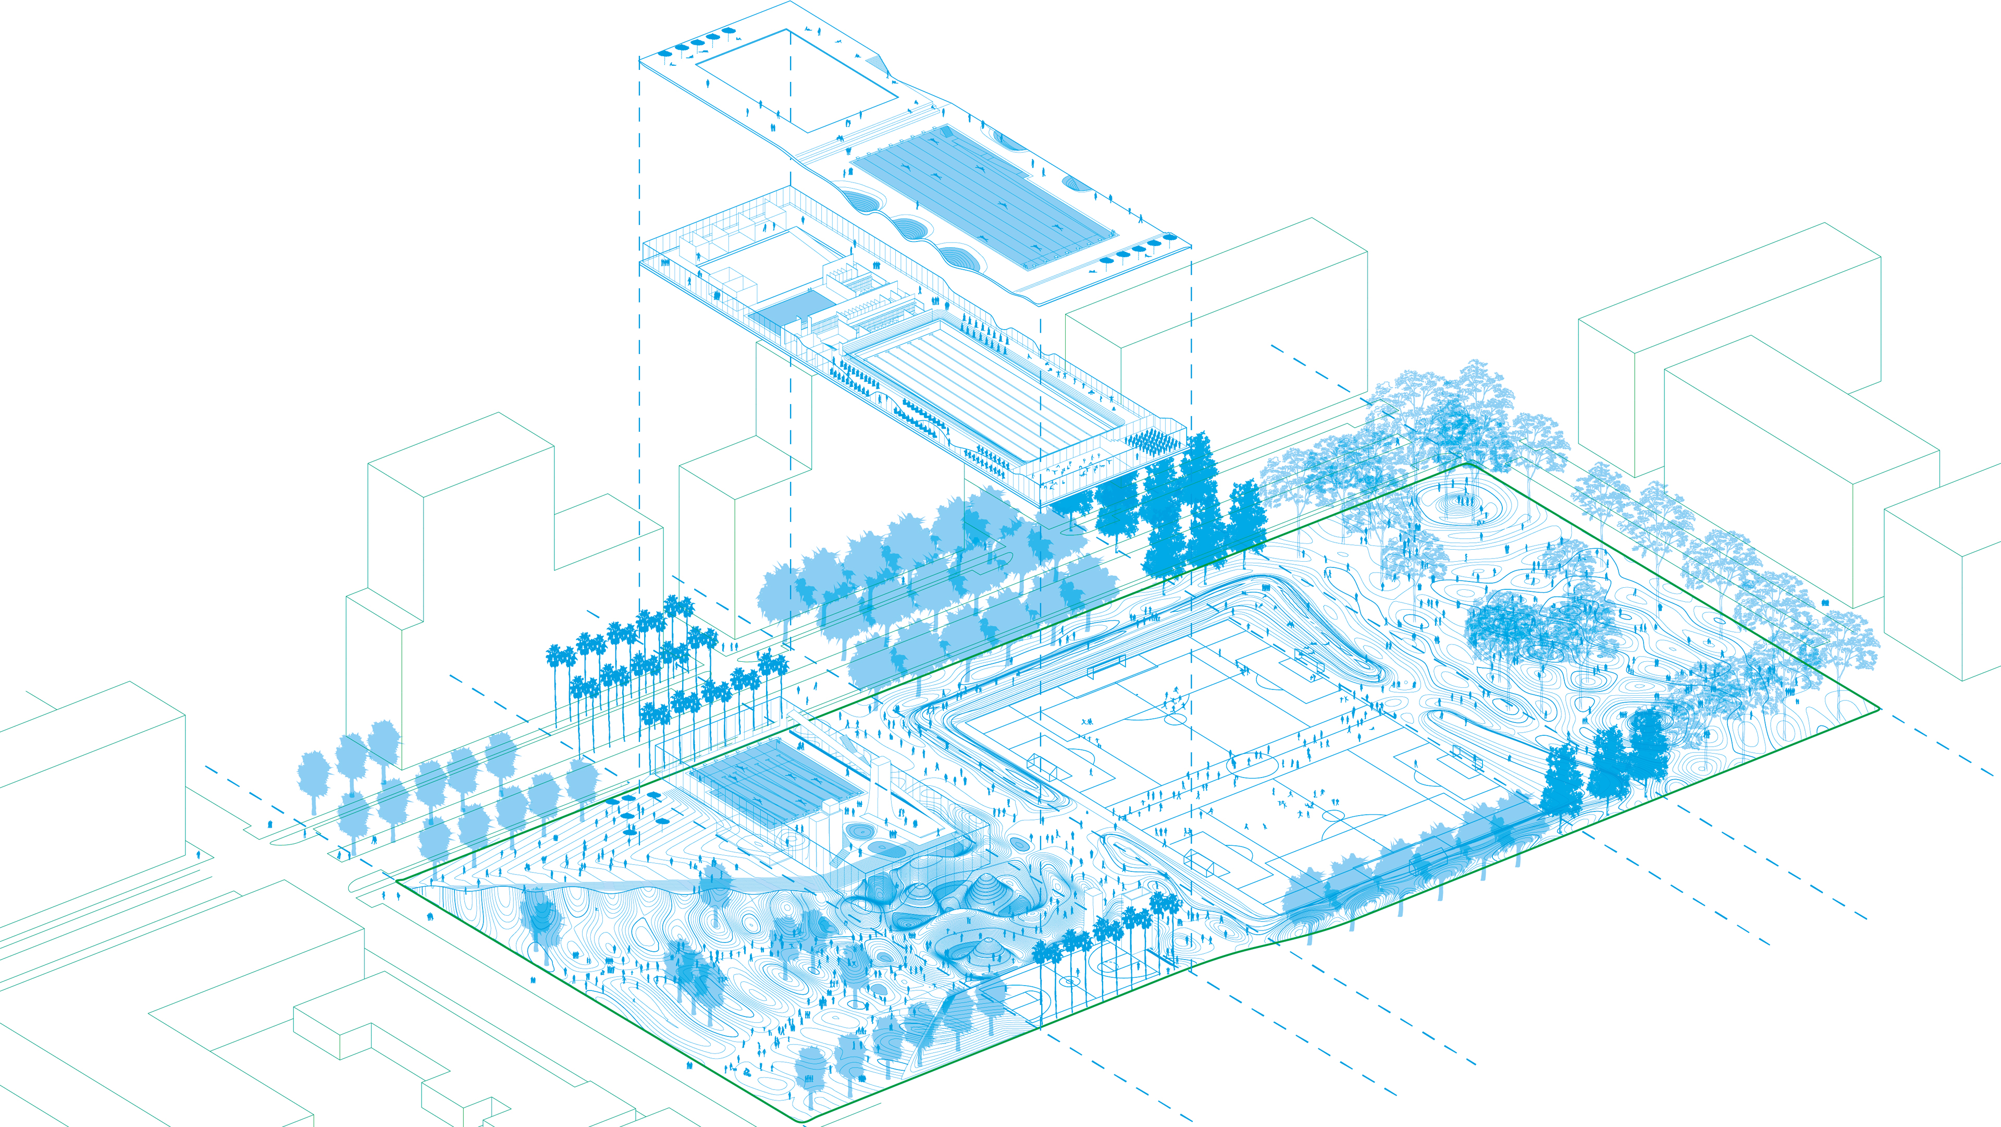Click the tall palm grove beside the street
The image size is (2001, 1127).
[660, 669]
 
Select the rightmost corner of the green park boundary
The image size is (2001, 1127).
[1878, 708]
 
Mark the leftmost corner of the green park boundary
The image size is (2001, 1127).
[397, 881]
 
